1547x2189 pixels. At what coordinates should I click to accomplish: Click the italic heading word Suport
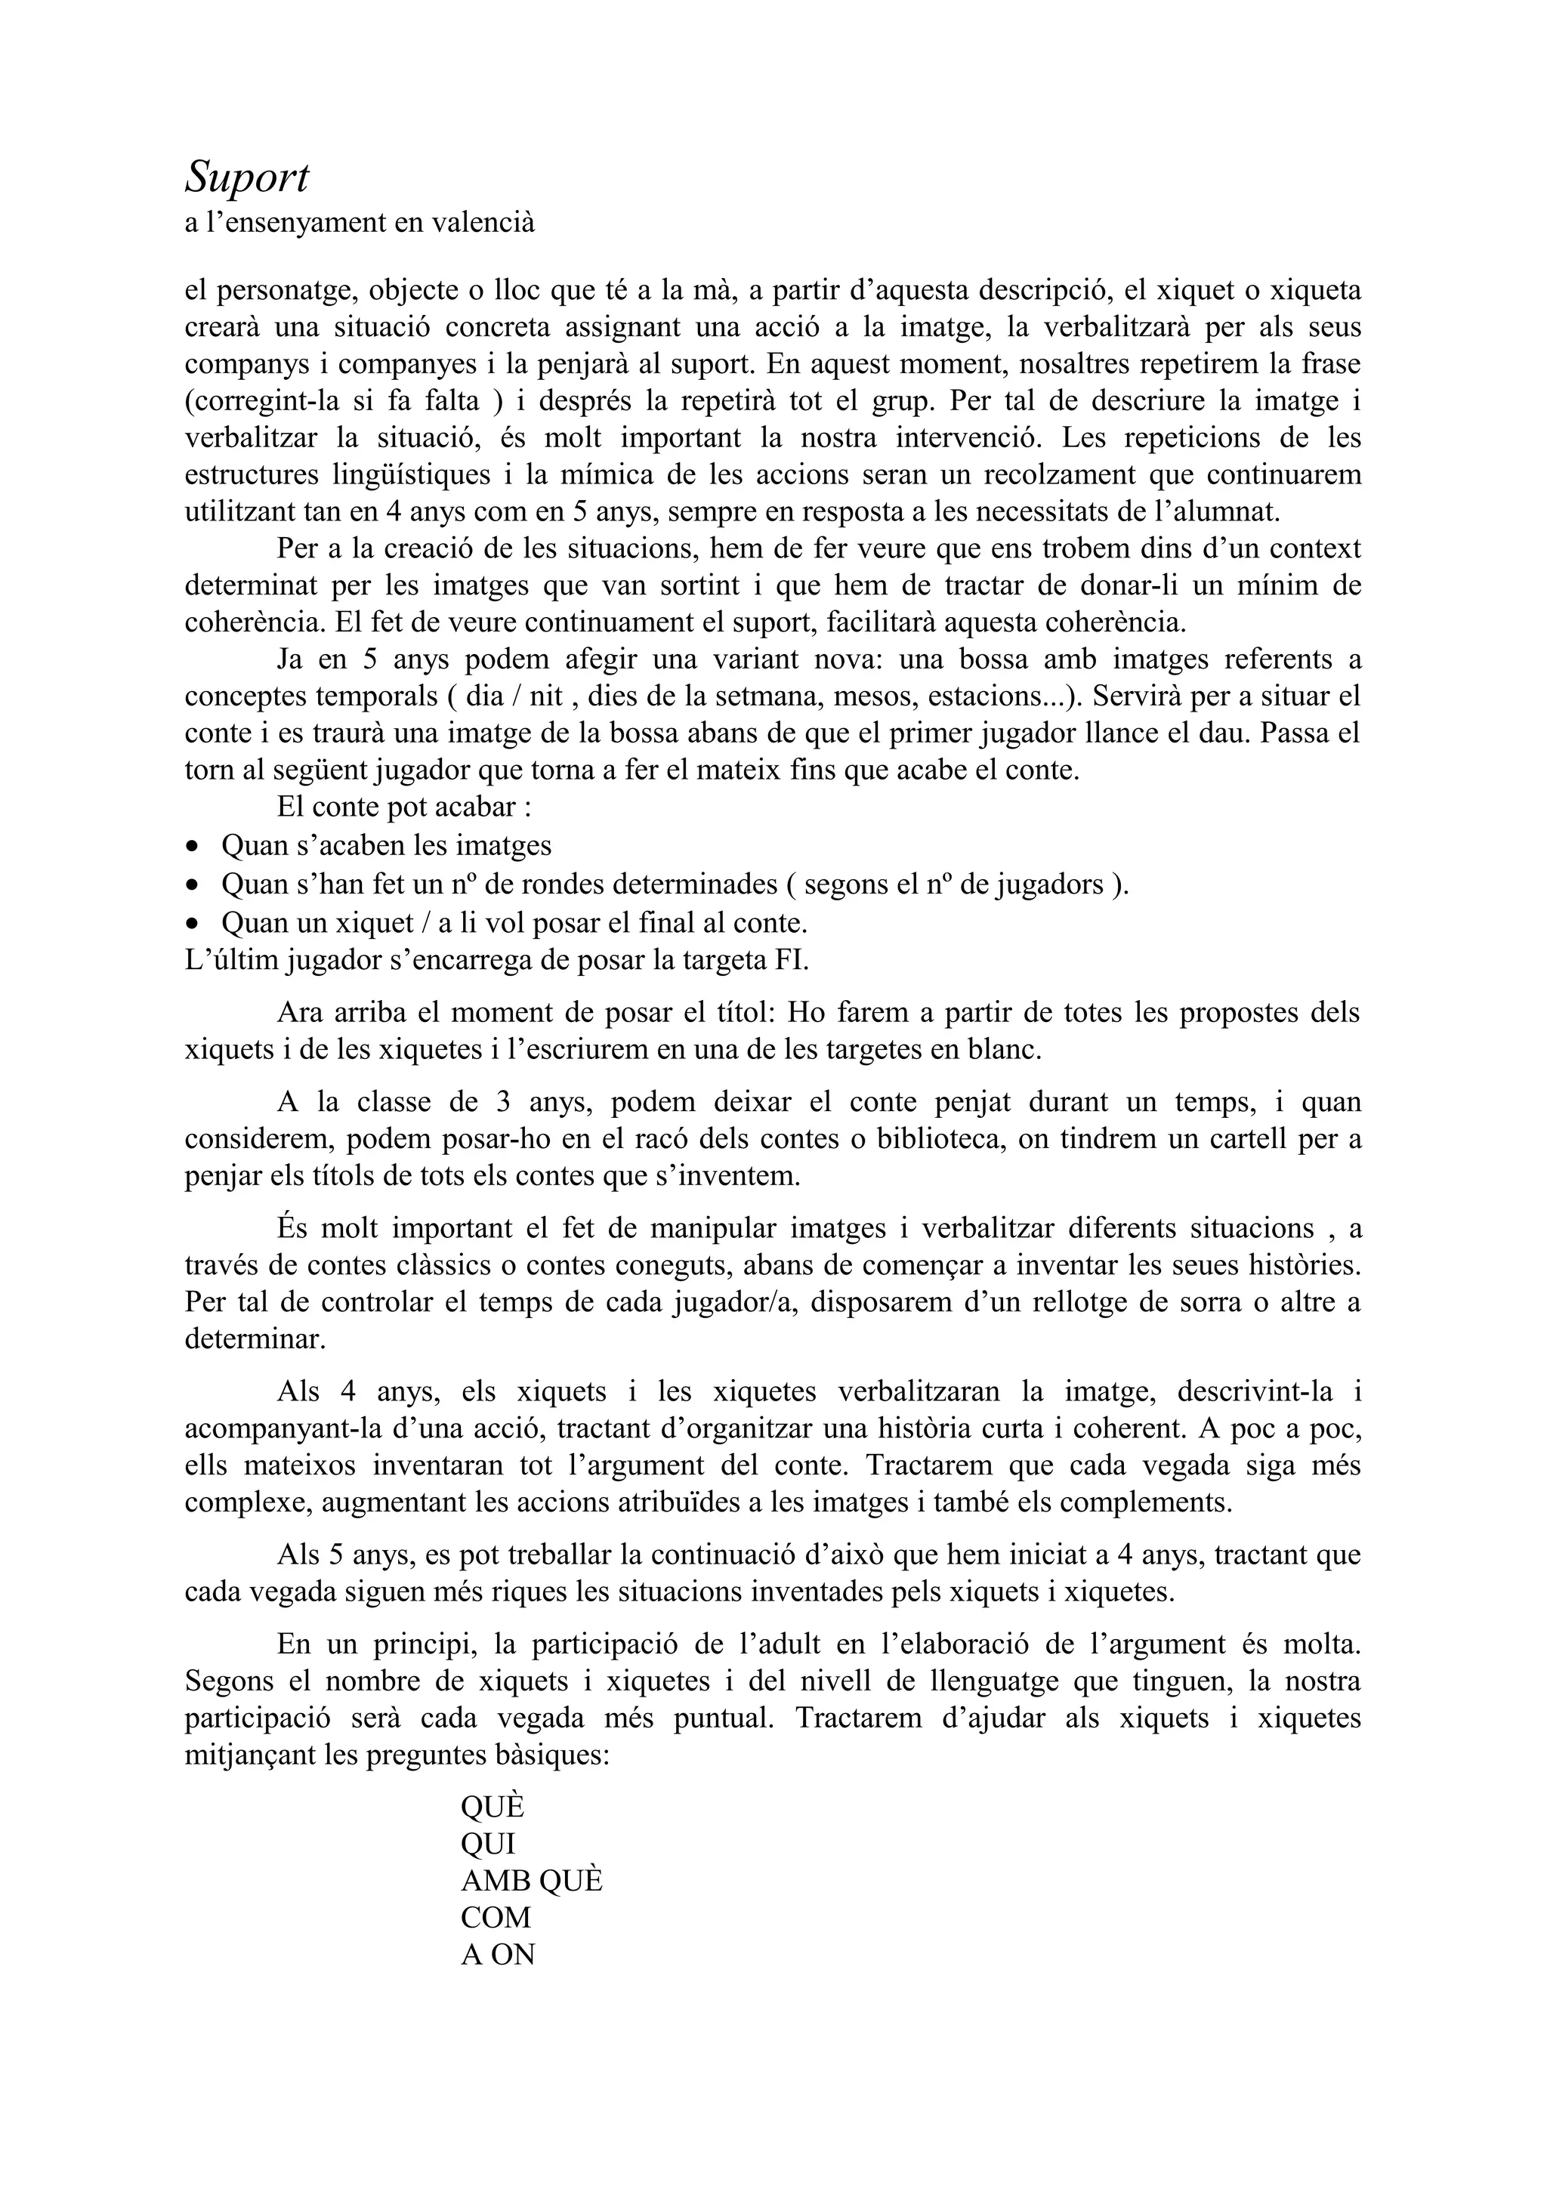247,178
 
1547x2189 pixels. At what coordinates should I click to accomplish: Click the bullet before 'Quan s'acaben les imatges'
193,847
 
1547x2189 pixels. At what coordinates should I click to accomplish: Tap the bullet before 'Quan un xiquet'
193,923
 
